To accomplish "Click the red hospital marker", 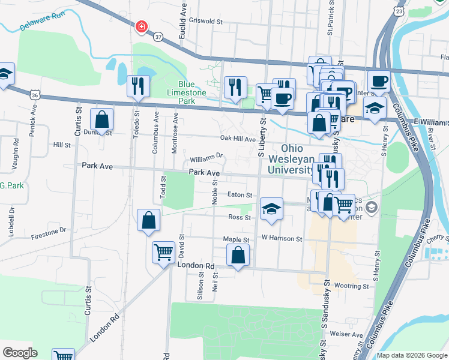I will (142, 27).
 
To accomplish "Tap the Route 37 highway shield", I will (158, 37).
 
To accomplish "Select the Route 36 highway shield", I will (35, 95).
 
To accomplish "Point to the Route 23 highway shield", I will (399, 11).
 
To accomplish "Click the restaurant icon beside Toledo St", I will (138, 86).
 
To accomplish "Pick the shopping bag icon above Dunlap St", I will (101, 120).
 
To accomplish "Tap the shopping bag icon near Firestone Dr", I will (148, 220).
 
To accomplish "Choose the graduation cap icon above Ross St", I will (271, 209).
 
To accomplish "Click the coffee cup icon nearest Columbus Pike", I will (379, 81).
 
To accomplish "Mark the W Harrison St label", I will (281, 238).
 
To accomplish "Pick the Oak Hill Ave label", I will (238, 139).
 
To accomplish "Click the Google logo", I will (20, 352).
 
